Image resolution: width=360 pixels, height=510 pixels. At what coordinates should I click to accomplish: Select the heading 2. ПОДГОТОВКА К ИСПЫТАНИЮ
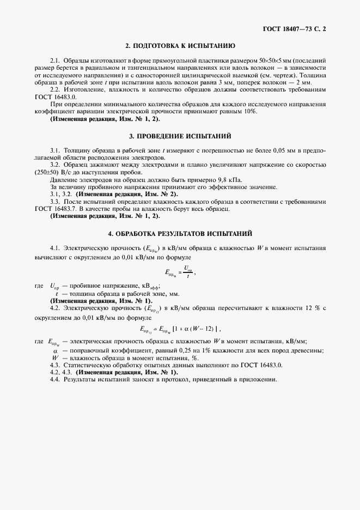pyautogui.click(x=180, y=46)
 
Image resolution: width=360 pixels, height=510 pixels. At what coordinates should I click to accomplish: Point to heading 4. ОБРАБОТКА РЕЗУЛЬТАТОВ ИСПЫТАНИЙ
pyautogui.click(x=180, y=233)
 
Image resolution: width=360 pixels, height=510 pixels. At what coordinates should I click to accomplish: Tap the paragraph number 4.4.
pyautogui.click(x=56, y=379)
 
